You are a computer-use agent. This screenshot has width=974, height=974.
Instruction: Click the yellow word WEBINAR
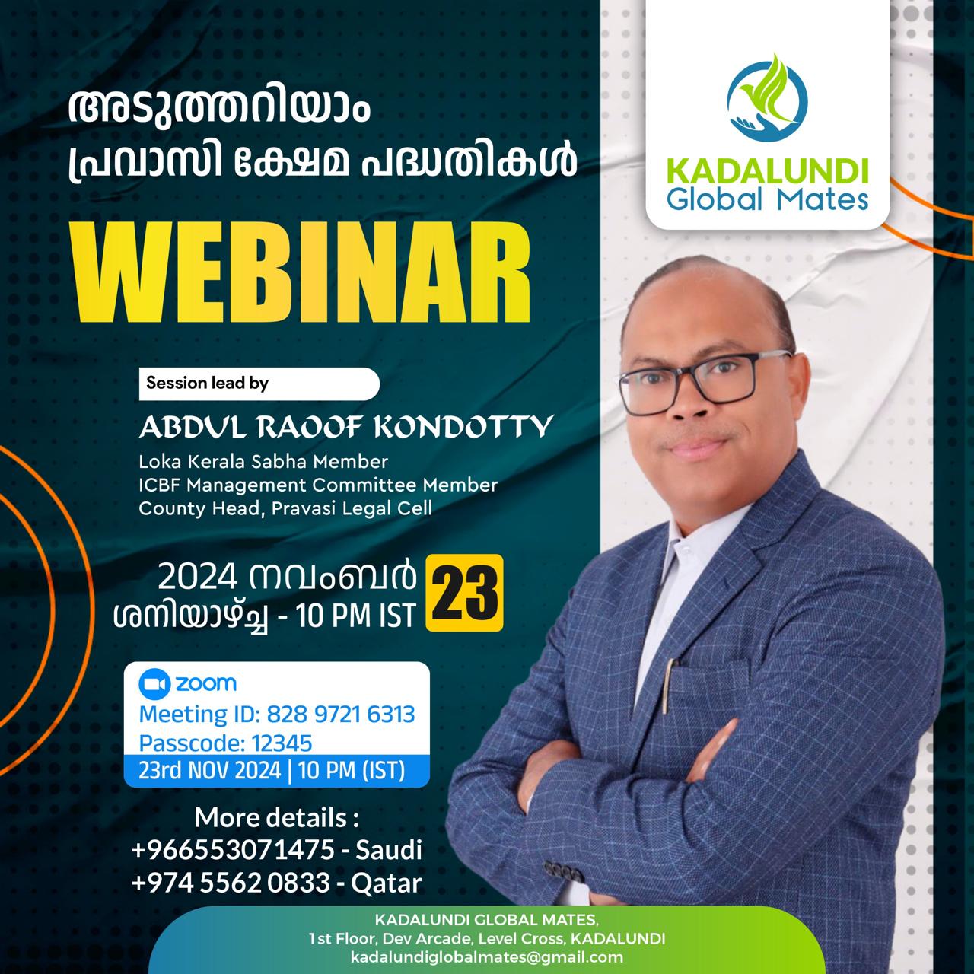[301, 277]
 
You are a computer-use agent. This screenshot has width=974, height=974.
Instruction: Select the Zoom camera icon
[154, 683]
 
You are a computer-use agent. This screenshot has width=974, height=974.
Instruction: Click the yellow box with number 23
[464, 593]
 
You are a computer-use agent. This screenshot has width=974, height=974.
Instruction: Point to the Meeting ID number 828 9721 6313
[341, 715]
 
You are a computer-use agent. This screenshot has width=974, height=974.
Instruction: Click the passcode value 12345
[282, 743]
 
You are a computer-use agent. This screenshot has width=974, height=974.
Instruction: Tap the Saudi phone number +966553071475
[233, 850]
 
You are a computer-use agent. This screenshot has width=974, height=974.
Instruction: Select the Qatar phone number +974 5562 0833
[231, 883]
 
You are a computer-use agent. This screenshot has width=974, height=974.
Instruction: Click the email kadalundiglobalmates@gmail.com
[487, 956]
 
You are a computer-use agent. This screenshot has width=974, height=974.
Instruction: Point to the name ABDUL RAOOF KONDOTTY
[346, 427]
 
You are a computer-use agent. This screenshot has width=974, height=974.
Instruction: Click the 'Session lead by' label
[207, 383]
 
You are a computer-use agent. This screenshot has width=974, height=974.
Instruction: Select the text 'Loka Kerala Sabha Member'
[263, 461]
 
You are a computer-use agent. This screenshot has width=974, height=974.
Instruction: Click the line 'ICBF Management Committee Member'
[318, 485]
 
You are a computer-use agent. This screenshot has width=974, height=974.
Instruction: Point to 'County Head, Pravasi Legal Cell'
[285, 508]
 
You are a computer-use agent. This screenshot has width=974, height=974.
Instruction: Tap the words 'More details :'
[277, 816]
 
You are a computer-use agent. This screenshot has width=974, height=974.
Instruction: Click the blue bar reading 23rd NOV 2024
[276, 771]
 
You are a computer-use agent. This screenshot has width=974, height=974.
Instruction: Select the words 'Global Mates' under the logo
[767, 199]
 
